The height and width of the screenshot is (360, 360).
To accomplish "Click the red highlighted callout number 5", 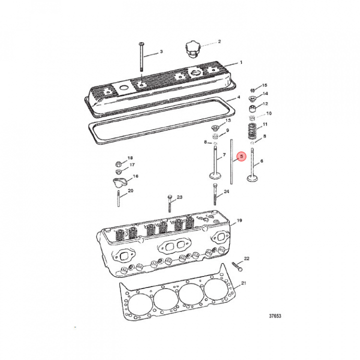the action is pyautogui.click(x=241, y=156).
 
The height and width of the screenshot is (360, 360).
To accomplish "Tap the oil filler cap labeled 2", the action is pyautogui.click(x=192, y=49).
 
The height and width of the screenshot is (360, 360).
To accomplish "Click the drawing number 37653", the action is pyautogui.click(x=275, y=316).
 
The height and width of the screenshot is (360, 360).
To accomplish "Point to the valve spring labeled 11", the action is pyautogui.click(x=252, y=131).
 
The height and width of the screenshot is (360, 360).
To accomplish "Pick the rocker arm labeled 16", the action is pyautogui.click(x=119, y=182).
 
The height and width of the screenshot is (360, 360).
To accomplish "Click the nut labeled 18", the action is pyautogui.click(x=118, y=164).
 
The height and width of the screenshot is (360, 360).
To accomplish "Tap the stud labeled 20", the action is pyautogui.click(x=118, y=198).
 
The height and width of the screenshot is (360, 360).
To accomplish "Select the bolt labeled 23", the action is pyautogui.click(x=169, y=203).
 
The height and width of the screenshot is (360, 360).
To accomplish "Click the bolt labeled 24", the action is pyautogui.click(x=215, y=194).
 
